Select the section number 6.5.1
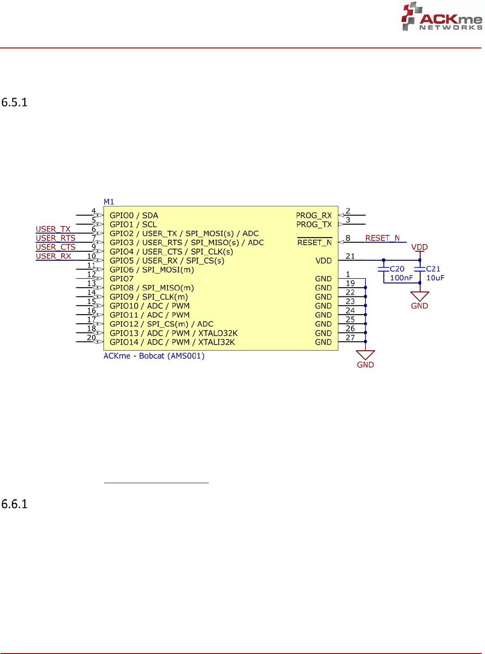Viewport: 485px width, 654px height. click(14, 102)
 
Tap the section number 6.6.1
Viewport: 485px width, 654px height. click(14, 504)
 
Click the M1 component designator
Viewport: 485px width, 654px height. click(109, 202)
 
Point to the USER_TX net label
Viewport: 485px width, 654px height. click(53, 229)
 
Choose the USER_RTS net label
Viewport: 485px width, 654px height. click(56, 238)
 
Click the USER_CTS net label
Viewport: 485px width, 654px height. click(56, 247)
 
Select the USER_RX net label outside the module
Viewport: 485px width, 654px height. click(53, 256)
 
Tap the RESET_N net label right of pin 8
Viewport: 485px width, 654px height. click(382, 238)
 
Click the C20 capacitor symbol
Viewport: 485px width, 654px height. click(384, 269)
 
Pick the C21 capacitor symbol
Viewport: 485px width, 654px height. click(420, 269)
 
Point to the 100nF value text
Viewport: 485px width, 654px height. click(401, 278)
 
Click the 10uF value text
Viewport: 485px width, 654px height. click(435, 278)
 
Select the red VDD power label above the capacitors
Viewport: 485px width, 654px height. click(419, 248)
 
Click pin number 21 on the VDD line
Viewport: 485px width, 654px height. click(350, 256)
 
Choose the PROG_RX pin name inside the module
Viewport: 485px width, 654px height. click(314, 216)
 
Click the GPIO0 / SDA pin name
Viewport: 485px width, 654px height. click(134, 216)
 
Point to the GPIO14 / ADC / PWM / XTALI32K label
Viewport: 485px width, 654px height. click(172, 343)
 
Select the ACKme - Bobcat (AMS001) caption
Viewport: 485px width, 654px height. click(154, 356)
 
